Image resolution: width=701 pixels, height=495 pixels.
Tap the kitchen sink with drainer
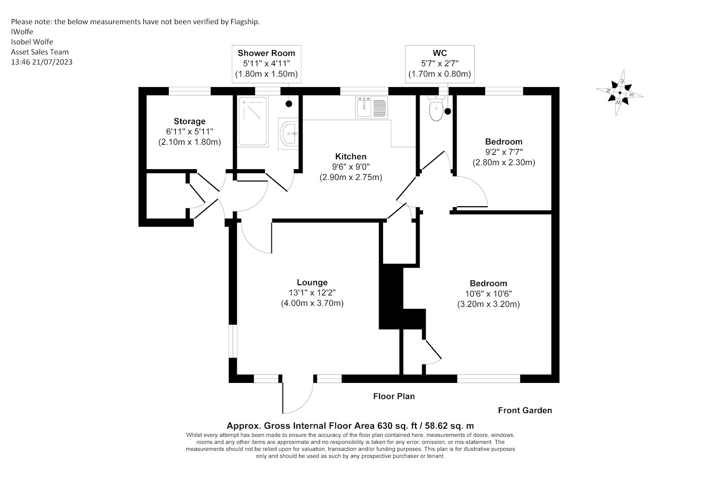click(x=372, y=107)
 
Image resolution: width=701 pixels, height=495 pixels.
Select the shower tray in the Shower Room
click(x=253, y=122)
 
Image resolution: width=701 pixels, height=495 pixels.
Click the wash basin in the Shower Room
click(x=288, y=134)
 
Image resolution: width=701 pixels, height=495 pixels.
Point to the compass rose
click(x=620, y=93)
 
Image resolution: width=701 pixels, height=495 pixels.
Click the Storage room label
click(x=190, y=121)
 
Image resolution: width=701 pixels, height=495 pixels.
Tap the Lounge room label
click(x=312, y=282)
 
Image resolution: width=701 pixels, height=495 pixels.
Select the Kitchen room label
click(x=351, y=156)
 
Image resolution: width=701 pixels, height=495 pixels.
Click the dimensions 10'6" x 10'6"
click(x=489, y=294)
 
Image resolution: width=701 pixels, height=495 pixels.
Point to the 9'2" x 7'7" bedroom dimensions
click(x=504, y=152)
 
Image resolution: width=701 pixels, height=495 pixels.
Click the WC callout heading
click(x=440, y=53)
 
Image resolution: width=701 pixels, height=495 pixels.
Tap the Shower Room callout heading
click(x=266, y=53)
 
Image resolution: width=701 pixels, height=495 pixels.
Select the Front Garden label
click(x=525, y=410)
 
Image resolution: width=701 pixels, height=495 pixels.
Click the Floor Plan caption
click(x=394, y=396)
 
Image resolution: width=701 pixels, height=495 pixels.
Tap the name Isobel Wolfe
click(x=32, y=42)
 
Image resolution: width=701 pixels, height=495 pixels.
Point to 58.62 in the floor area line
click(x=436, y=426)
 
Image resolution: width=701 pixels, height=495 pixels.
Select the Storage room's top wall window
click(x=190, y=91)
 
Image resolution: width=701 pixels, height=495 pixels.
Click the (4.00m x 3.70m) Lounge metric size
click(x=312, y=303)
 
